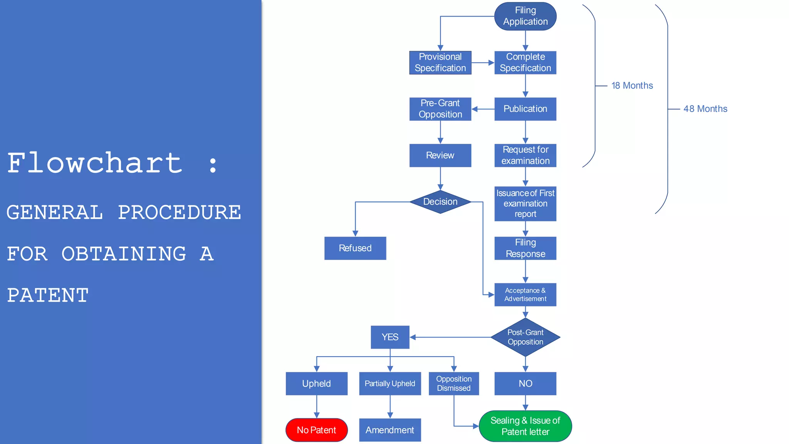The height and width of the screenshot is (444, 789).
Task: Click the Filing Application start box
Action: pos(525,16)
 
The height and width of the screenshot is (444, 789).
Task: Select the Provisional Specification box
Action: pos(440,62)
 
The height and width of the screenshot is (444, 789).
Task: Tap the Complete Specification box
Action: pos(525,62)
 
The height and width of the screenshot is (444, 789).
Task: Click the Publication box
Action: pos(525,109)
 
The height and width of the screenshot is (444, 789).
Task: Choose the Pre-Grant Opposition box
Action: pos(440,109)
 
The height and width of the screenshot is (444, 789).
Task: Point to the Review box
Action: pos(440,155)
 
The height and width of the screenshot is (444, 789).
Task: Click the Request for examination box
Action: pos(525,155)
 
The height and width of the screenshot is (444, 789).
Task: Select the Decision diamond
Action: pos(440,202)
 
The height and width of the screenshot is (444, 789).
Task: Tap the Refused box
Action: pos(355,248)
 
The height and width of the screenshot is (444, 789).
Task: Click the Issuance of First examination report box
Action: pos(525,203)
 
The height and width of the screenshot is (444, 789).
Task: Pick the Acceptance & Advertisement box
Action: pos(525,294)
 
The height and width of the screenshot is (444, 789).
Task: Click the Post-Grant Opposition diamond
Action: pos(525,337)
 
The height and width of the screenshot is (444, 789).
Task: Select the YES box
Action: pos(390,337)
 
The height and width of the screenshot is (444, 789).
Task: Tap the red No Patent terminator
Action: pos(316,430)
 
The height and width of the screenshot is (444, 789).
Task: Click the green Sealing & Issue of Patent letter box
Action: pos(525,426)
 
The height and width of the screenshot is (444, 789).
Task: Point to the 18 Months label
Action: pos(632,86)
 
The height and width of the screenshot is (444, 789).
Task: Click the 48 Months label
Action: pos(705,109)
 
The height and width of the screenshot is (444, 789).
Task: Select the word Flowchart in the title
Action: pos(95,163)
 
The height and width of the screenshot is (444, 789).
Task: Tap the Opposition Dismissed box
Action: pos(453,383)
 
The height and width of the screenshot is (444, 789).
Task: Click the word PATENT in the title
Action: pos(48,296)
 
